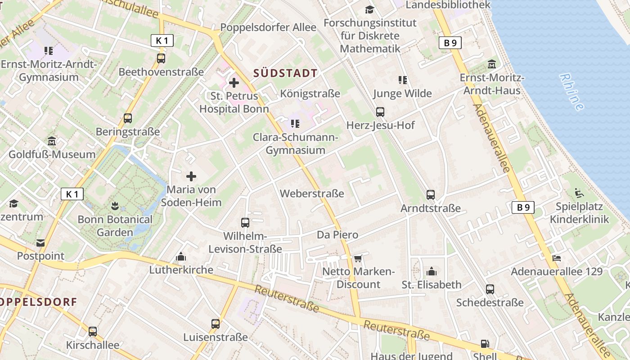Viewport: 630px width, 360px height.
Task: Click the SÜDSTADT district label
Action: (285, 73)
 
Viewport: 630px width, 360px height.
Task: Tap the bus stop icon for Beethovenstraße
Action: (161, 58)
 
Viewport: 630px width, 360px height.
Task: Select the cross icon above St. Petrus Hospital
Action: (234, 83)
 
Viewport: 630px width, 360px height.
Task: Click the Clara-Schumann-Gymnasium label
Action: (295, 144)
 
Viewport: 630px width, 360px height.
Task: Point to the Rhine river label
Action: (572, 92)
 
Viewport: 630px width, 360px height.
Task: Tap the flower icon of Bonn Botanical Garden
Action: (115, 207)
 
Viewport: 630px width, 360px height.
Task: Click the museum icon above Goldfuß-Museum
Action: (52, 141)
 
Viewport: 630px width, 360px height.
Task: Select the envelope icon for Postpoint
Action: (40, 243)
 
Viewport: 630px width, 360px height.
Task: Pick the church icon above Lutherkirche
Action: (181, 257)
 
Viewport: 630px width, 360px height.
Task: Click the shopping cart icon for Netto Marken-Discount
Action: (358, 258)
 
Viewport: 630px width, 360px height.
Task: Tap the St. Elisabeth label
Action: (432, 284)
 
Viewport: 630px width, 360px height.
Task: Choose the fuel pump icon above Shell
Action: (485, 344)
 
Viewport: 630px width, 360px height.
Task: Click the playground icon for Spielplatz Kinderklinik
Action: (579, 193)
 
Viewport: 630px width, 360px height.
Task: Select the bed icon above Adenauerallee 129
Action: (557, 258)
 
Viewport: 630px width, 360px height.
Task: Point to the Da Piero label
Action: (337, 234)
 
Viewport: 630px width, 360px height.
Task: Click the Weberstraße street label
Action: (312, 193)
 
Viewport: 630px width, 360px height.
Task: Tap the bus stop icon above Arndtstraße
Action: (431, 195)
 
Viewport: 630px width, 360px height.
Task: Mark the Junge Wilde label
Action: (402, 94)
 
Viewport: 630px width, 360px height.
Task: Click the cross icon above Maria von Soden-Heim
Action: (191, 176)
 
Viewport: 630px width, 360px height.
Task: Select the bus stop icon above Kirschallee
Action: (93, 332)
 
